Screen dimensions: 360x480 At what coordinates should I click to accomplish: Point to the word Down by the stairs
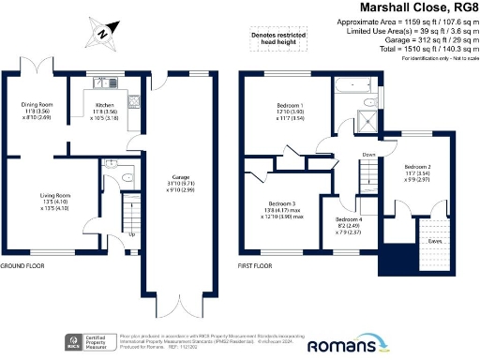pos(367,156)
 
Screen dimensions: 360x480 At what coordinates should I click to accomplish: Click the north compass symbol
pos(102,36)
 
